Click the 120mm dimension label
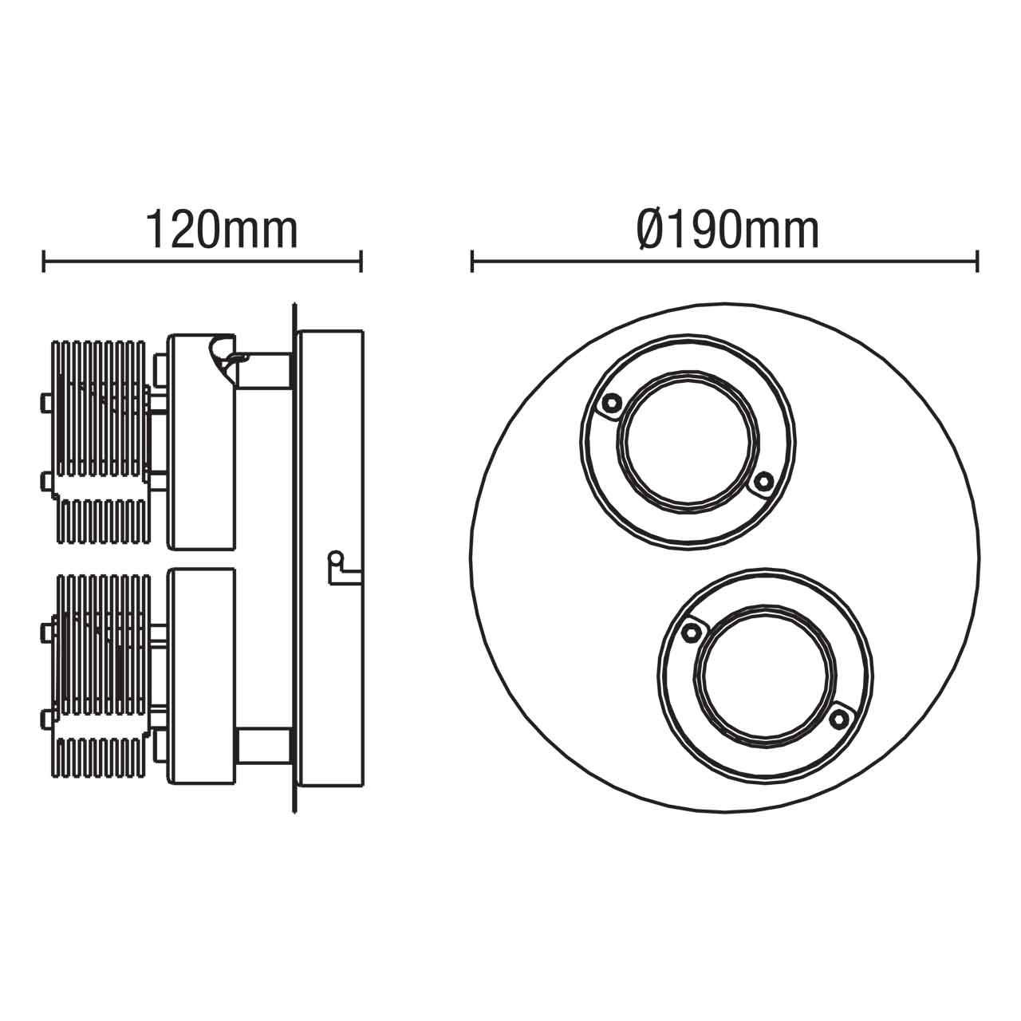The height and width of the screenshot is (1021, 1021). click(221, 231)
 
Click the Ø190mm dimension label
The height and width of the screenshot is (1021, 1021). click(727, 231)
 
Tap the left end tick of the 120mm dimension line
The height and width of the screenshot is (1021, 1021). click(45, 261)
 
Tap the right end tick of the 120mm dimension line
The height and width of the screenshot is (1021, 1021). click(361, 261)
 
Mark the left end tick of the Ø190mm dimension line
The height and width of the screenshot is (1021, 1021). click(472, 261)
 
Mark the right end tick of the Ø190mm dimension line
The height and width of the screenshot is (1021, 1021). click(977, 261)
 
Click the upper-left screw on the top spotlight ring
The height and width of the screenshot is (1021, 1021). click(611, 404)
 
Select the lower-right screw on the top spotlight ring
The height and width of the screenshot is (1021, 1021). click(763, 480)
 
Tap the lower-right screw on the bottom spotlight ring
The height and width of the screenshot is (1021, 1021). click(837, 719)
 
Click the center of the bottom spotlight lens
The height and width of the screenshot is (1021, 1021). click(764, 676)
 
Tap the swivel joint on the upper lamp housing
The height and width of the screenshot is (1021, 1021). click(223, 359)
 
